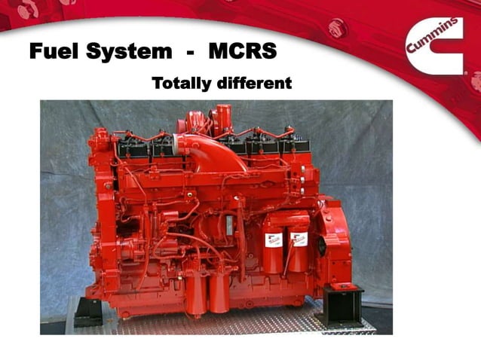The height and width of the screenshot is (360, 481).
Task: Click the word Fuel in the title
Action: (54, 52)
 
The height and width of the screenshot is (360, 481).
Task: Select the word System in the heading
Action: (129, 52)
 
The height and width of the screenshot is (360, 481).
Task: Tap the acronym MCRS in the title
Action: (243, 52)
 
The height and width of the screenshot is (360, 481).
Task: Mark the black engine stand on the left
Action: (88, 310)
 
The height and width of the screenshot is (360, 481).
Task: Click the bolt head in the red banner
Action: (337, 26)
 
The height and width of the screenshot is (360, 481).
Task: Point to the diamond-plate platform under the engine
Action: (226, 320)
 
